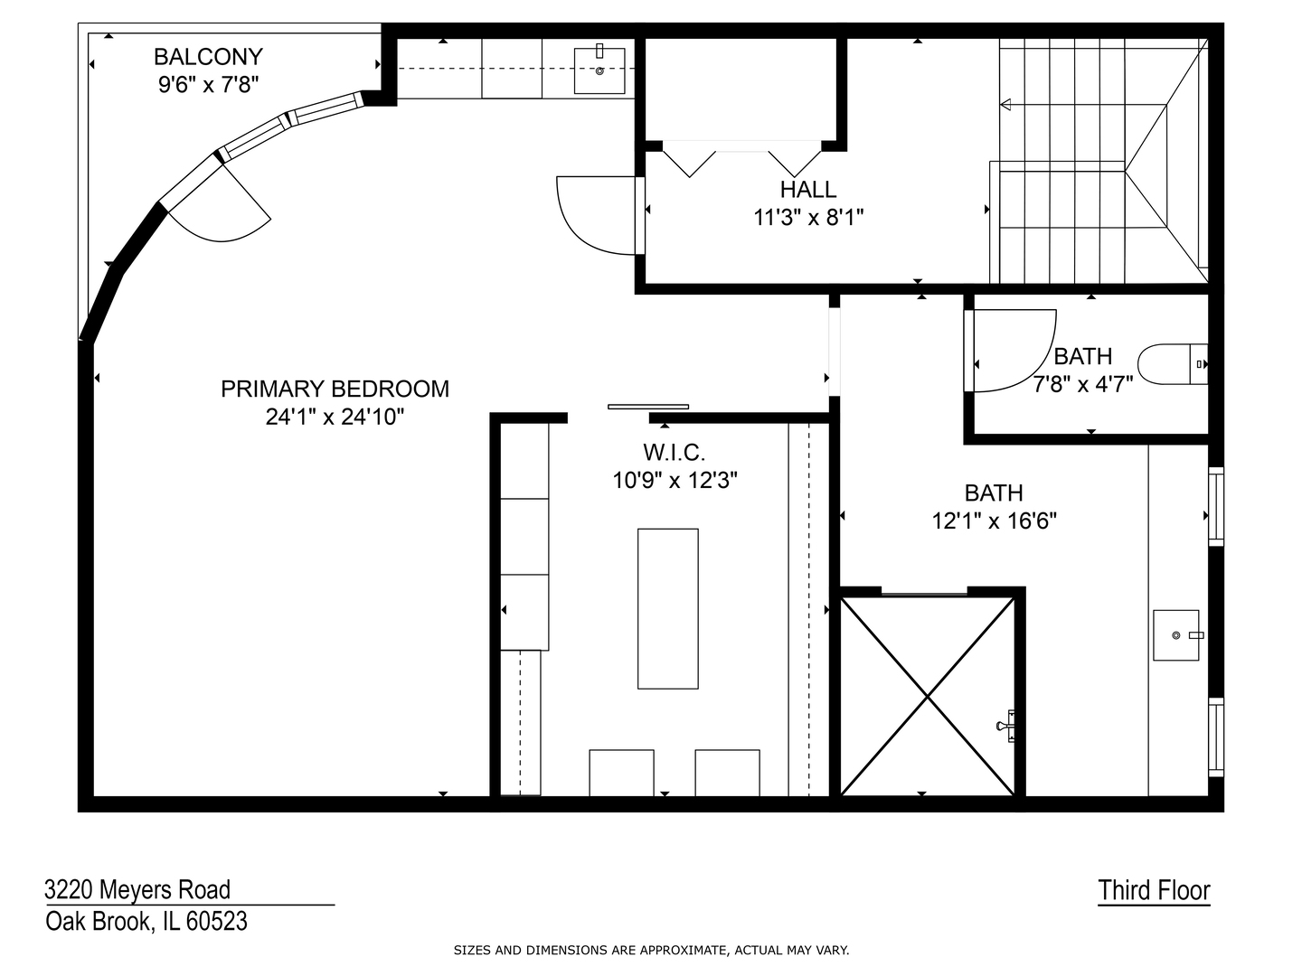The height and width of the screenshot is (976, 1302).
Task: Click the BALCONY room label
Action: click(208, 57)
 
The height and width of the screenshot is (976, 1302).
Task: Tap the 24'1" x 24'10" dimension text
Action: click(335, 417)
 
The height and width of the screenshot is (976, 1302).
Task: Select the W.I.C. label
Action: click(674, 452)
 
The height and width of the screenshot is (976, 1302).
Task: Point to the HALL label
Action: click(808, 190)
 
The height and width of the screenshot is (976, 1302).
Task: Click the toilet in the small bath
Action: click(1171, 364)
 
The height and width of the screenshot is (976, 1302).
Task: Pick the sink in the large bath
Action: click(1176, 635)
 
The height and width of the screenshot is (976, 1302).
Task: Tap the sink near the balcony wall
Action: click(599, 70)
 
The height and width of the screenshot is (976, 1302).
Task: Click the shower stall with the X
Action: click(928, 696)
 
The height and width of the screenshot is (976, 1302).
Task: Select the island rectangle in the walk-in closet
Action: click(667, 608)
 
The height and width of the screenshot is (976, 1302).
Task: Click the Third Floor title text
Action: click(1154, 890)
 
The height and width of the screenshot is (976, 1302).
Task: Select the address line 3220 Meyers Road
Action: click(137, 890)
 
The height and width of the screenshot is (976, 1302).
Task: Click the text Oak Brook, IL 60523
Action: click(146, 922)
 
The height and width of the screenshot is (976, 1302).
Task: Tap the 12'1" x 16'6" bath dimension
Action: click(994, 521)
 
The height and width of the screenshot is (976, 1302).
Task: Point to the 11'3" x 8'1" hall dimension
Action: click(808, 218)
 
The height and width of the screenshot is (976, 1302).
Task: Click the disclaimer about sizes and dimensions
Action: click(651, 950)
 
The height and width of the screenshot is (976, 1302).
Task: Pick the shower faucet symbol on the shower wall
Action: click(1006, 725)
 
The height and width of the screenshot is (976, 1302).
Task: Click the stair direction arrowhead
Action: click(1006, 106)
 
